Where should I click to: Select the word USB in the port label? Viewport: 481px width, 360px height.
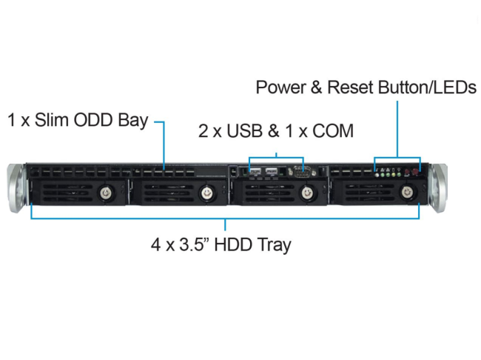[x=240, y=131]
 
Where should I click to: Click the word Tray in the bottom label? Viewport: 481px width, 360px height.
[x=269, y=244]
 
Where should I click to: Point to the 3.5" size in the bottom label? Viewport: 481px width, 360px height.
[x=189, y=244]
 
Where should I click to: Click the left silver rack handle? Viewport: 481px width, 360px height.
[x=16, y=187]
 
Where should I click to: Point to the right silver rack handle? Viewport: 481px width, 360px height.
[x=440, y=187]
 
